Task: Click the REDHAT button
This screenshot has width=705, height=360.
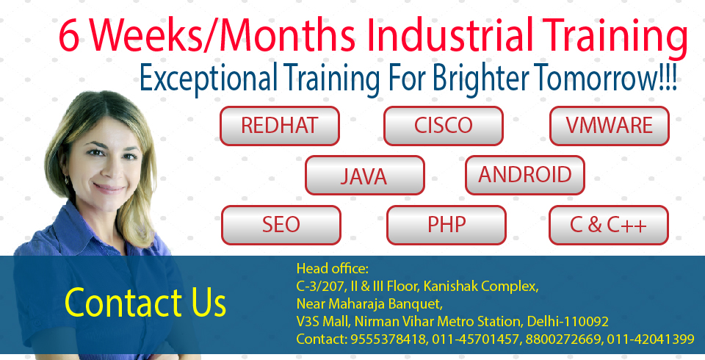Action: point(279,126)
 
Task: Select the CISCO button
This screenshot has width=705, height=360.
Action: point(444,126)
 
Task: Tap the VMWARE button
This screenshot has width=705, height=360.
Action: point(610,126)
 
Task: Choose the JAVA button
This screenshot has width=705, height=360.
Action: point(365,175)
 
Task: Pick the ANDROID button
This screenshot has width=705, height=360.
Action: point(524,175)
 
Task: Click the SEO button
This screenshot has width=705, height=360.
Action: point(281,225)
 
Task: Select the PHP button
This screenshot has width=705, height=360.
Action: point(446,225)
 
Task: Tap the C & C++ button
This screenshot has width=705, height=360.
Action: point(609,225)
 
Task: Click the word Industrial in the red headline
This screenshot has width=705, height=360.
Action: point(450,35)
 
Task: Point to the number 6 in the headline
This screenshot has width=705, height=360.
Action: point(70,36)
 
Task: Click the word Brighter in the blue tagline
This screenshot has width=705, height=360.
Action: point(481,79)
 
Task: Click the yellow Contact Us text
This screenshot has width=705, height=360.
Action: point(145,302)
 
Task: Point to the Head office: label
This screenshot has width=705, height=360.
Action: point(332,269)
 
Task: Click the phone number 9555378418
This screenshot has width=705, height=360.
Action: point(388,339)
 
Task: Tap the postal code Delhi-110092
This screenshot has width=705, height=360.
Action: point(568,321)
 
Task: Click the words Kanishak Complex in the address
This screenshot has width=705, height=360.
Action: point(480,287)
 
